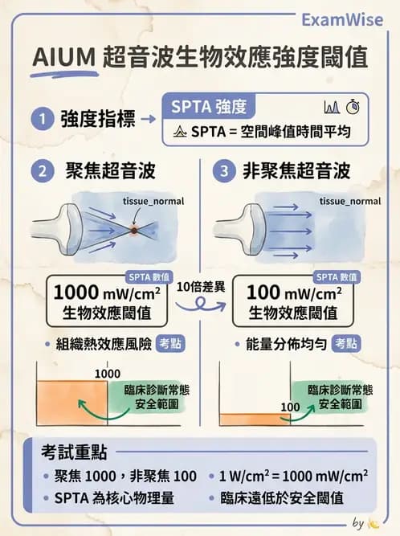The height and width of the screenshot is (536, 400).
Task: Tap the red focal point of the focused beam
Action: (133, 228)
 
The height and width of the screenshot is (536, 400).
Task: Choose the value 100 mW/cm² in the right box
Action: (292, 292)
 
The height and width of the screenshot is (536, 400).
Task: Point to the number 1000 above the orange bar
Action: (107, 374)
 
